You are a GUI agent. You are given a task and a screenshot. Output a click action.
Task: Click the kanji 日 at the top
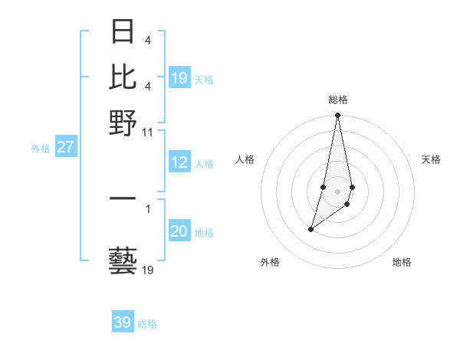click(x=123, y=33)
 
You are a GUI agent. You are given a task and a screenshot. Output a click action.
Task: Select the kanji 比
click(x=123, y=77)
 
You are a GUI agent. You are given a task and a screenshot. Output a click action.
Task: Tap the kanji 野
click(x=123, y=123)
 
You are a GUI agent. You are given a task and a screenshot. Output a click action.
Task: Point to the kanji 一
click(x=123, y=198)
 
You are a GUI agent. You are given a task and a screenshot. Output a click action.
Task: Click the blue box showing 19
click(x=179, y=78)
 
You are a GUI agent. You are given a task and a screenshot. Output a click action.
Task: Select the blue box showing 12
click(x=179, y=162)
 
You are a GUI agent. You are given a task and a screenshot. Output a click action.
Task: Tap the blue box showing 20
click(x=179, y=232)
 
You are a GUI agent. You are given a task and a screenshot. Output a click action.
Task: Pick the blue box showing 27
click(x=65, y=148)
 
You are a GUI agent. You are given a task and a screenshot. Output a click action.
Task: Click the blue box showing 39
click(x=123, y=322)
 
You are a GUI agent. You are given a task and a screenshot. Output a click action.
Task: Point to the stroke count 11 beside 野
click(x=148, y=132)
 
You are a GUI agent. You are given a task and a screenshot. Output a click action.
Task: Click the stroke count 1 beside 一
click(x=147, y=208)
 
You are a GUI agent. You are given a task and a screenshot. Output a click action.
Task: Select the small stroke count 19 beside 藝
click(x=148, y=270)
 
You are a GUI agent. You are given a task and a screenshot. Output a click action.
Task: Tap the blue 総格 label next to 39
click(x=148, y=324)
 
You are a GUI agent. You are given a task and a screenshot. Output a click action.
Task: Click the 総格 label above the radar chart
click(x=338, y=100)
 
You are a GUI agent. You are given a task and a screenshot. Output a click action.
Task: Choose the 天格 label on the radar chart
click(x=431, y=159)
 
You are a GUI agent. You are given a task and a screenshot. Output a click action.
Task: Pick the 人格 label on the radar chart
click(x=245, y=159)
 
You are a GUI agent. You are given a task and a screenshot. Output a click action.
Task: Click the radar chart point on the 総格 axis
click(x=337, y=116)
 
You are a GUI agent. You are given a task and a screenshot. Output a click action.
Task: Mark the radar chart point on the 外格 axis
click(x=310, y=229)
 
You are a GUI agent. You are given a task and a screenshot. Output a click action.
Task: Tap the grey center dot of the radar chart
click(x=337, y=190)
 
